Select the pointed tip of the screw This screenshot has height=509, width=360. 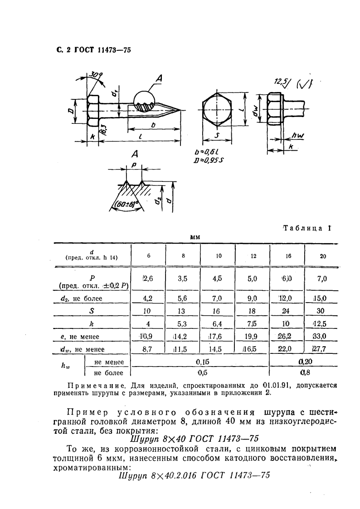pyautogui.click(x=181, y=109)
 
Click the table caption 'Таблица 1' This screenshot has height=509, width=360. pyautogui.click(x=306, y=228)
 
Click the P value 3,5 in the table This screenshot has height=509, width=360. pyautogui.click(x=183, y=279)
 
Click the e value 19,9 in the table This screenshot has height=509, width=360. pyautogui.click(x=253, y=337)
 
